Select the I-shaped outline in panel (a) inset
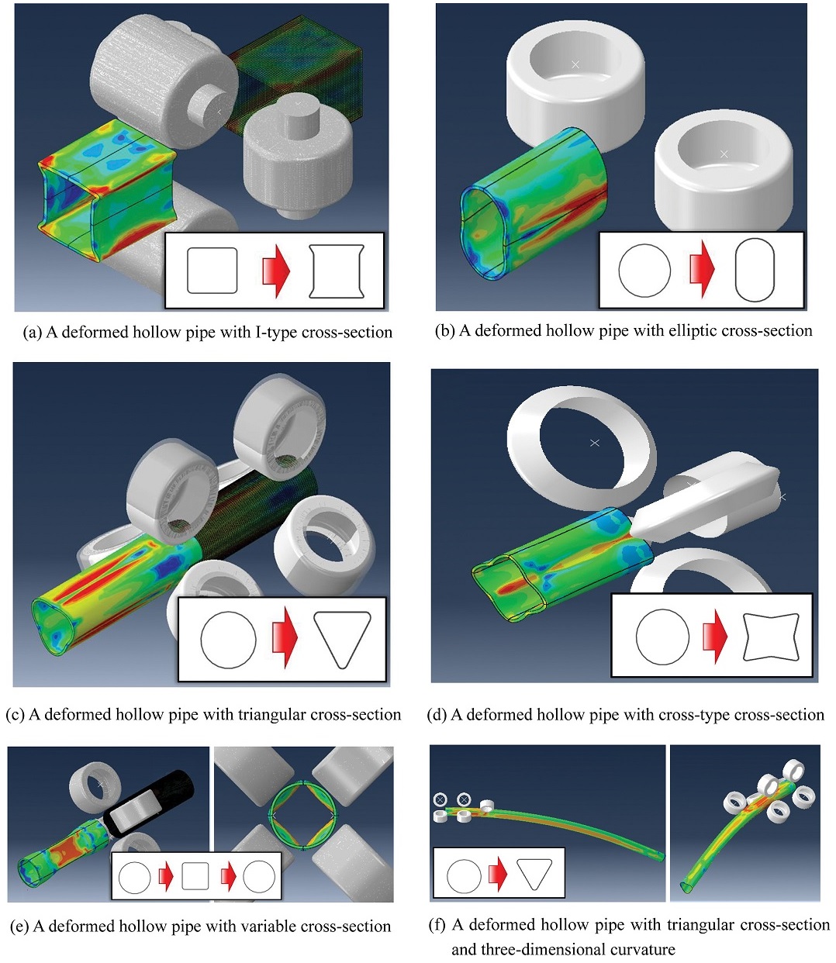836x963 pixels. click(336, 271)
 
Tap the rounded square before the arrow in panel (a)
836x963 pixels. click(212, 271)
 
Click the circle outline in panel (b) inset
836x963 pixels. click(644, 271)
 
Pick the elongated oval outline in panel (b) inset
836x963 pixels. click(755, 271)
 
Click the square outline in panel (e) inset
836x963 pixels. click(195, 876)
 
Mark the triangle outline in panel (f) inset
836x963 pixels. click(534, 875)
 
